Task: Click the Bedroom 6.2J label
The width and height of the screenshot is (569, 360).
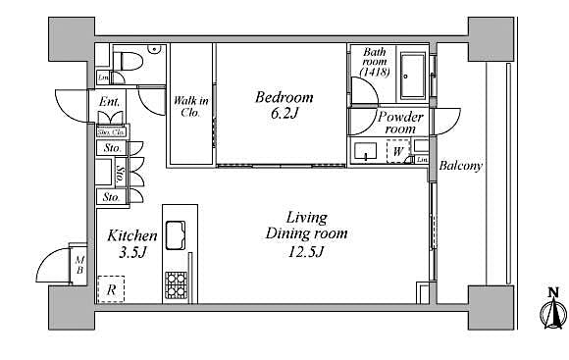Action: tap(284, 105)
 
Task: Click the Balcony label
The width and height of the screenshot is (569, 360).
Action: tap(460, 166)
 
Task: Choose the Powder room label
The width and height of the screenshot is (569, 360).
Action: tap(400, 123)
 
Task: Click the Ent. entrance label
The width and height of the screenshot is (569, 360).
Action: tap(108, 102)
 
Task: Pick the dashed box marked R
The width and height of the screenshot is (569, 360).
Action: tap(110, 289)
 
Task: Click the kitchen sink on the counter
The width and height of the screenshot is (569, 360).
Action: tap(179, 235)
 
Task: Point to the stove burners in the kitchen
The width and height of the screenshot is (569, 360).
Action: tap(177, 284)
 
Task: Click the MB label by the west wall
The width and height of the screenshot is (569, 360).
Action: tap(79, 262)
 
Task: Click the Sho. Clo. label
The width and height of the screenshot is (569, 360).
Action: tap(111, 131)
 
